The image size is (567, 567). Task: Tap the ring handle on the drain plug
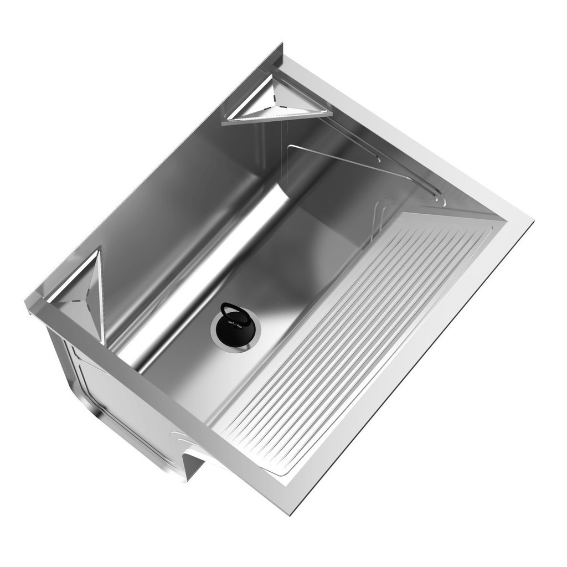[231, 309]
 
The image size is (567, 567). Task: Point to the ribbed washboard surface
[354, 343]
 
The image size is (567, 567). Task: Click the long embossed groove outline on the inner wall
[354, 161]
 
